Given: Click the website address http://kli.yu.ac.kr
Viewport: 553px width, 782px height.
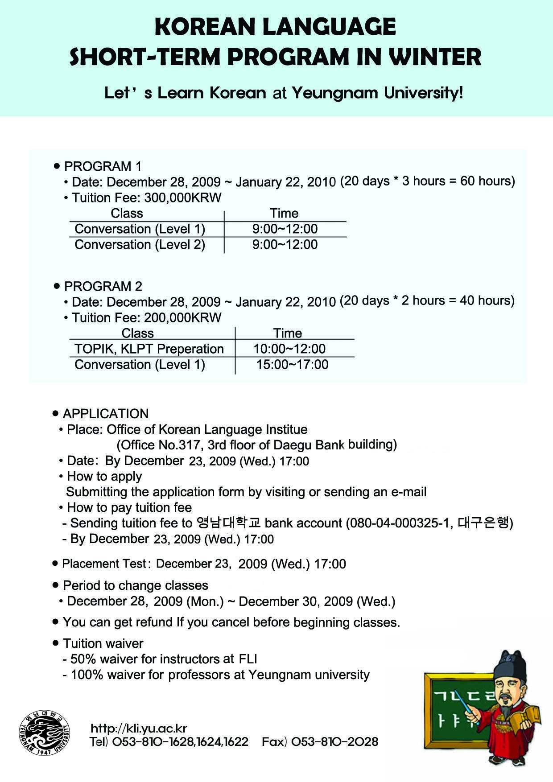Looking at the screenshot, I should click(139, 728).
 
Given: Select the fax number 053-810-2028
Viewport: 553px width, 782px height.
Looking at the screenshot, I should click(334, 742).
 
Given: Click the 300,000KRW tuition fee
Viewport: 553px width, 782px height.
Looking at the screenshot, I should click(183, 198).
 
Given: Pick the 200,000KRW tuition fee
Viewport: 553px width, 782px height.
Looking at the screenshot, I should click(183, 317).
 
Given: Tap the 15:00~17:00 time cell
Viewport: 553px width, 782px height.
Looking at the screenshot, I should click(292, 364).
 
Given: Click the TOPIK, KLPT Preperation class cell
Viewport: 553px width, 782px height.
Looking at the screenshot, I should click(149, 349).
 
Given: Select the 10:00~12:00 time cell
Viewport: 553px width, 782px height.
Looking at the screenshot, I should click(289, 349).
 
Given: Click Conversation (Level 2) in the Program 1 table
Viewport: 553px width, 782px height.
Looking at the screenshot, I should click(140, 244).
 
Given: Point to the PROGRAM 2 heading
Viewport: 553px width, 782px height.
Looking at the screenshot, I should click(103, 286).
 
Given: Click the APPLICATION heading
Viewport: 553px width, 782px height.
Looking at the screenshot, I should click(106, 413).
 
